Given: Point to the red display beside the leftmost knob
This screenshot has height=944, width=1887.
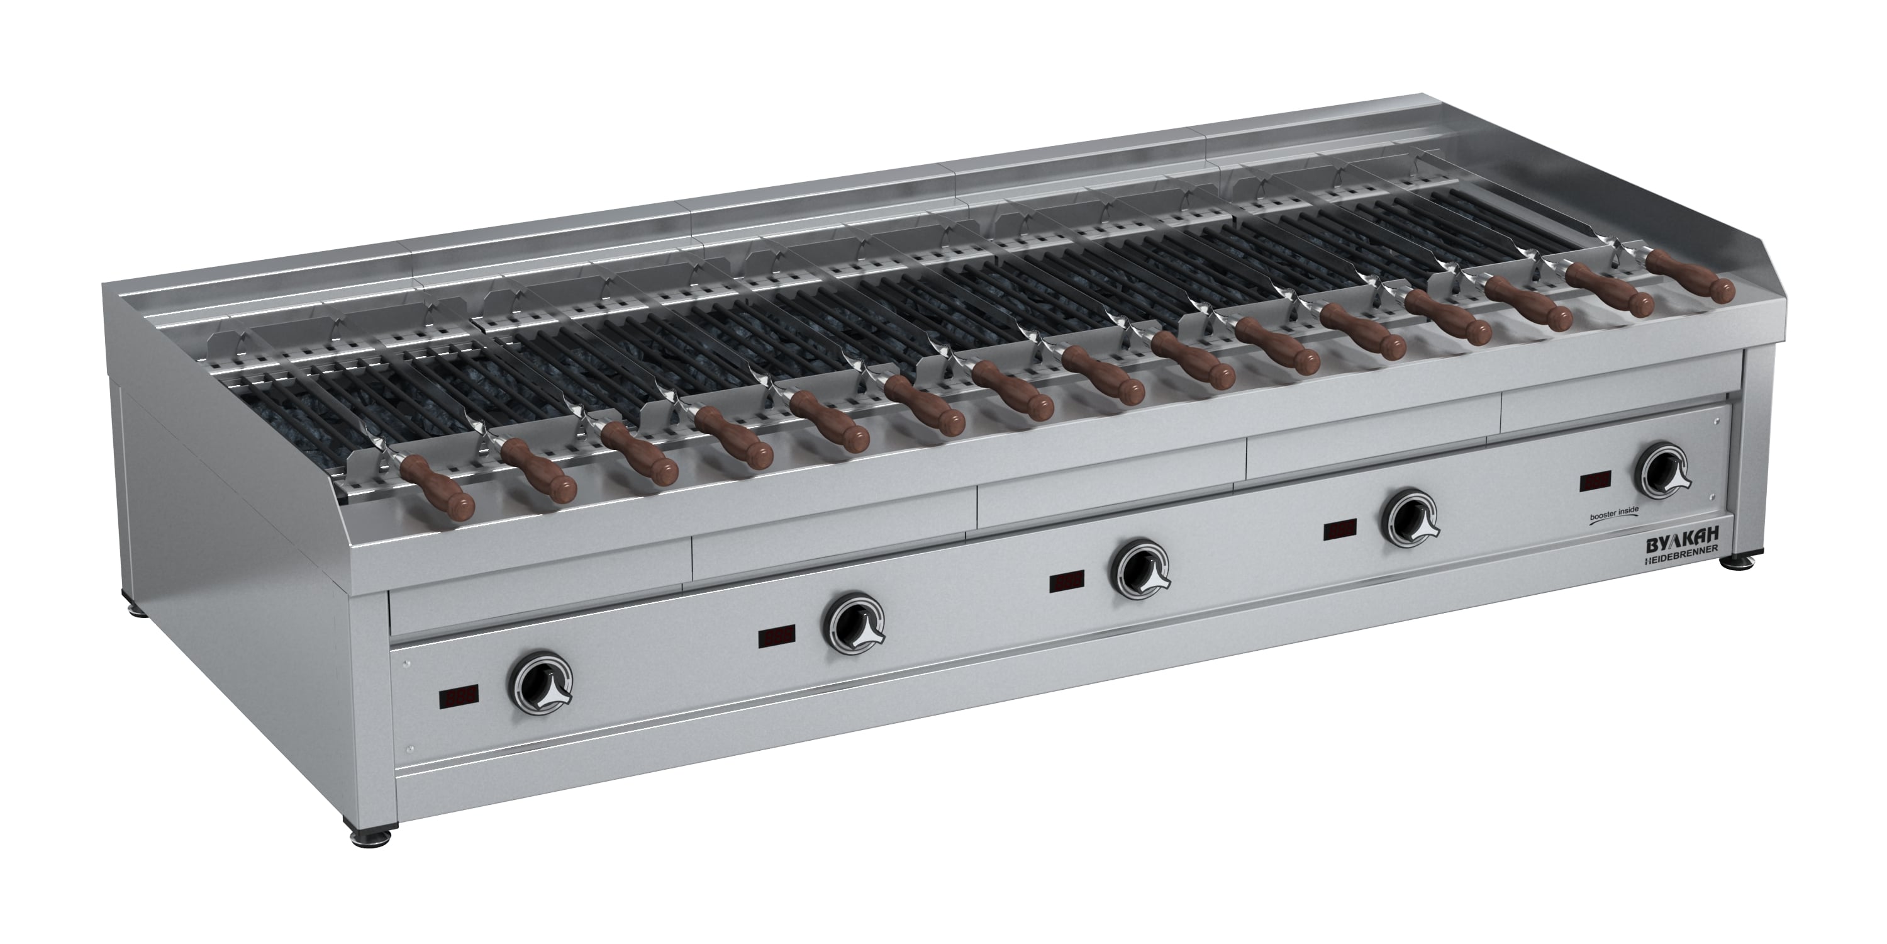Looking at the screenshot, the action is [459, 699].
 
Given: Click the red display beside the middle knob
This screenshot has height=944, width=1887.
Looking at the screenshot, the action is [1067, 582].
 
